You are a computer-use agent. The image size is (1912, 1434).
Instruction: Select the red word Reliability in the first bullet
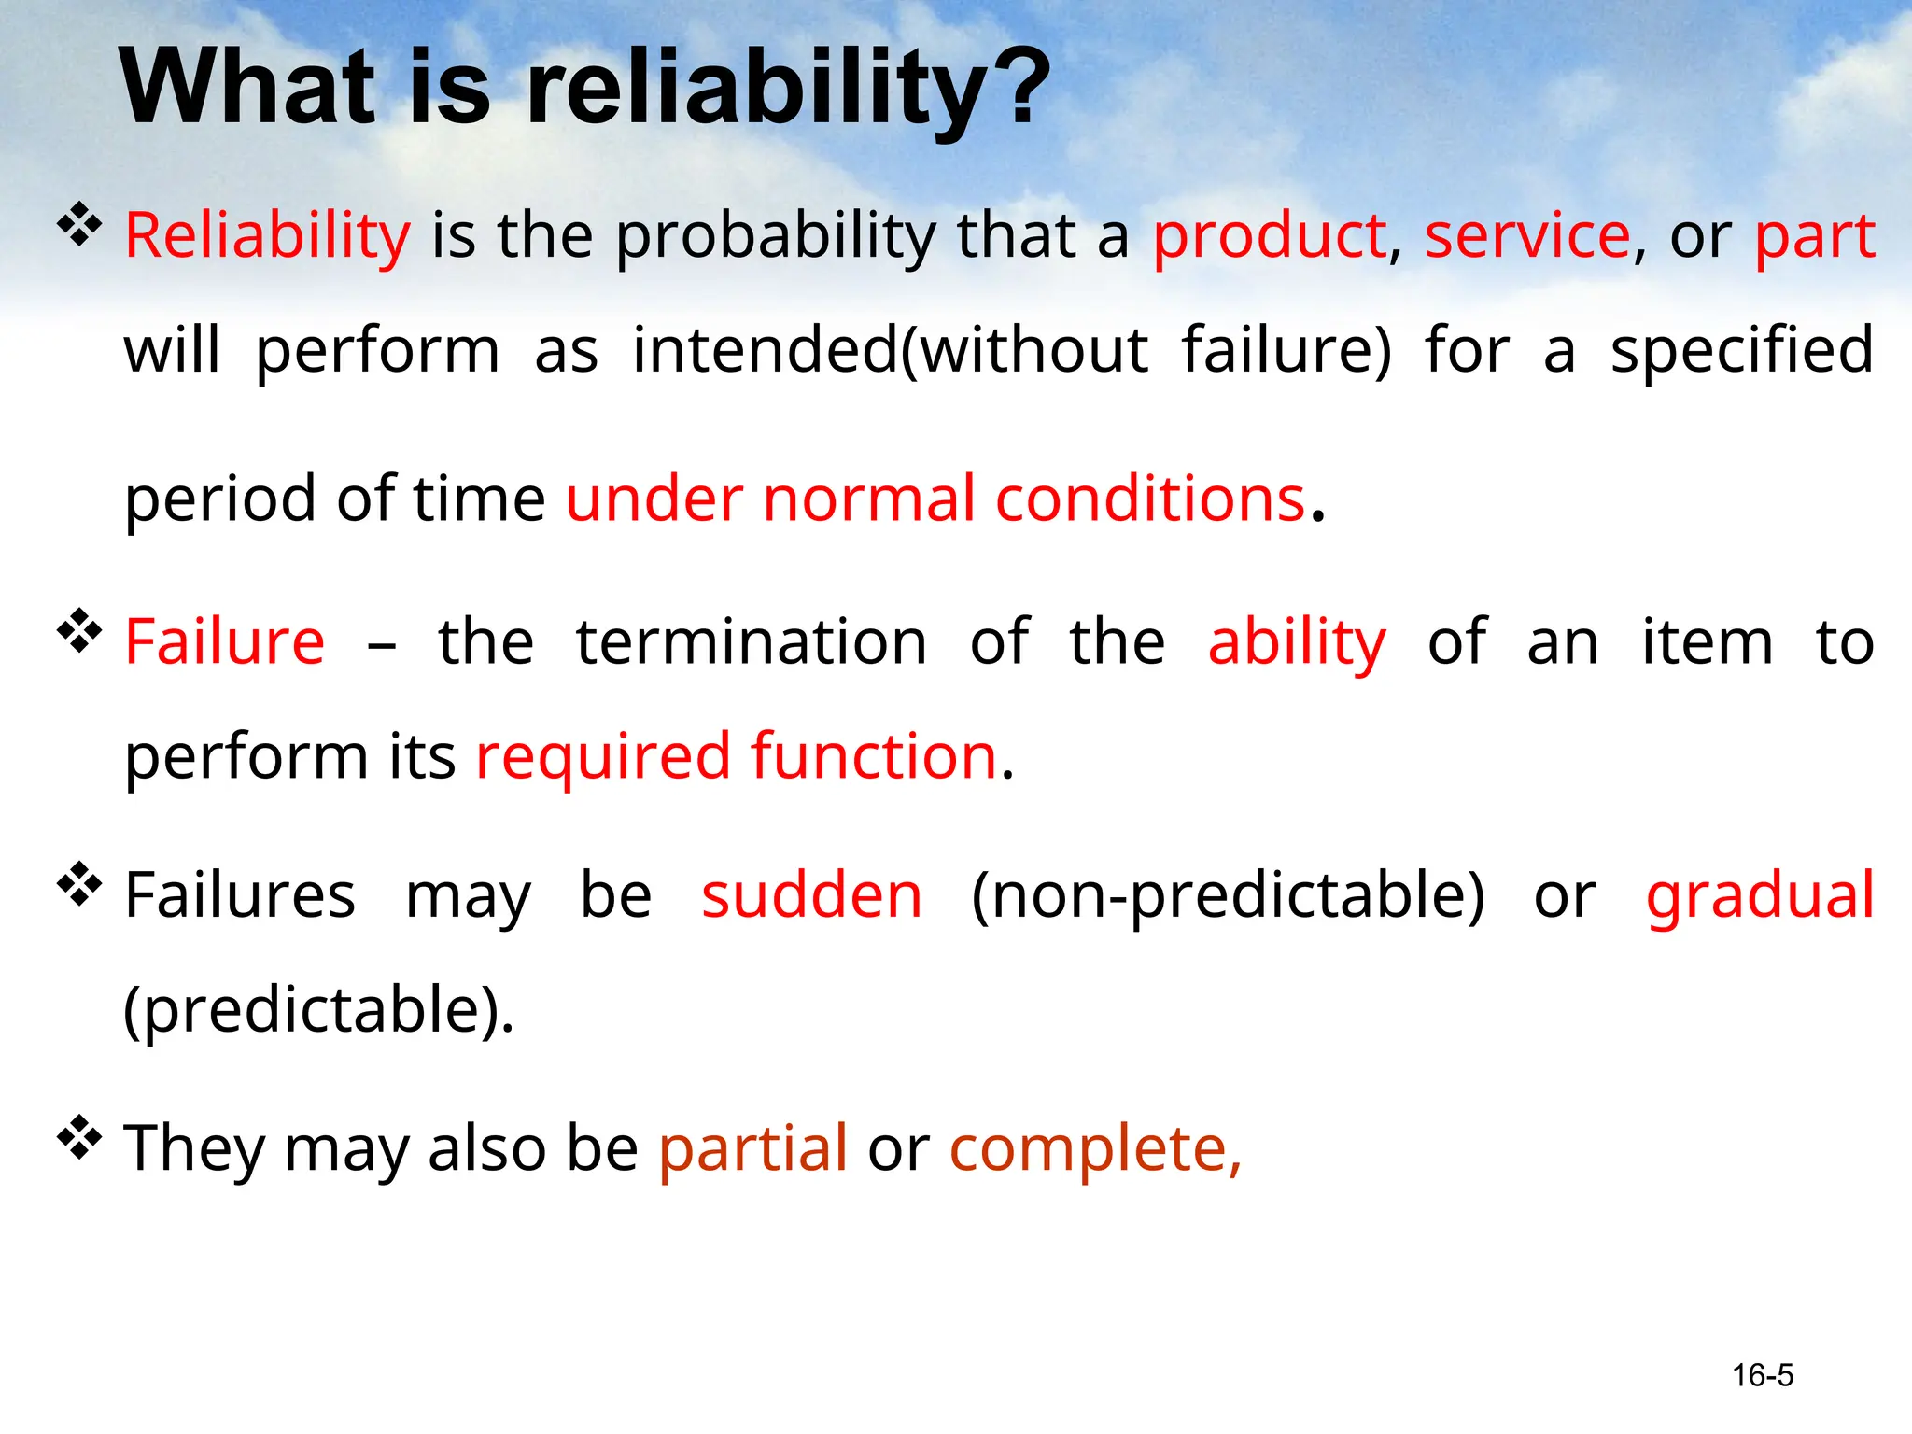pos(267,235)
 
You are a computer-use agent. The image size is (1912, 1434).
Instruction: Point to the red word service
pos(1527,235)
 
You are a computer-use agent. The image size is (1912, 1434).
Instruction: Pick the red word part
pos(1815,235)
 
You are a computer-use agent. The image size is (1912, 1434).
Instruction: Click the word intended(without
pos(891,351)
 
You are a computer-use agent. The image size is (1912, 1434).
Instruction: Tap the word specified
pos(1742,351)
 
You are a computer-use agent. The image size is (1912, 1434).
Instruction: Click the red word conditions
pos(1149,499)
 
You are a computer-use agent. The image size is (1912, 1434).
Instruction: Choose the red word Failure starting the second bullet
pos(225,642)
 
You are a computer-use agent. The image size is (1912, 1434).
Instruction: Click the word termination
pos(752,642)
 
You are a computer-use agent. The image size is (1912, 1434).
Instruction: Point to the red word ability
pos(1297,642)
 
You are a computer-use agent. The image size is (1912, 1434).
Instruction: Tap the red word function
pos(874,756)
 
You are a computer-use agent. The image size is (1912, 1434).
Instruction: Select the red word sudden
pos(811,896)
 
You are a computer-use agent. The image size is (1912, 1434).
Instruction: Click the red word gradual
pos(1760,896)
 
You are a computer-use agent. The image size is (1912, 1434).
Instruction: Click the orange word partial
pos(752,1148)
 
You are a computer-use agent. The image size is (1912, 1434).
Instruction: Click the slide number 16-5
pos(1763,1375)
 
